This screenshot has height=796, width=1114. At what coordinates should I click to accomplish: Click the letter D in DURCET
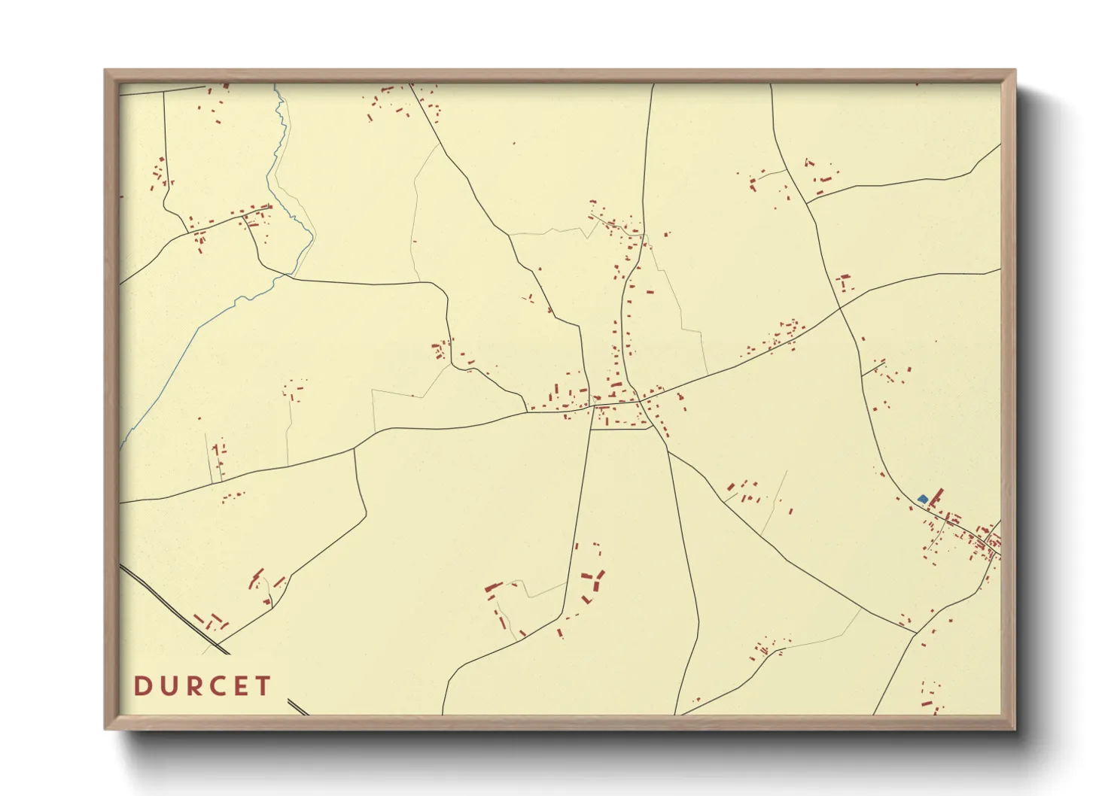coord(141,686)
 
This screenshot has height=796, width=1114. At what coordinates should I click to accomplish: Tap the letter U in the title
coord(167,686)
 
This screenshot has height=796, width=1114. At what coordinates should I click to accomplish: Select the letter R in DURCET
coord(193,686)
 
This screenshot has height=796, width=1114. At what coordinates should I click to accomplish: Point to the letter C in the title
coord(218,686)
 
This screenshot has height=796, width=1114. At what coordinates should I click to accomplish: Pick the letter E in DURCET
coord(242,686)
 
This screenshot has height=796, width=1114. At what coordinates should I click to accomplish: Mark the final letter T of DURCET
coord(263,686)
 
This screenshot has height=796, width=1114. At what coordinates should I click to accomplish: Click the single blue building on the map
coord(923,499)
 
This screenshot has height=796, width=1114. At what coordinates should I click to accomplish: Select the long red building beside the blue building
coord(936,497)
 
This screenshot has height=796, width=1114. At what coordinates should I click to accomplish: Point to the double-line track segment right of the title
coord(298,707)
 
